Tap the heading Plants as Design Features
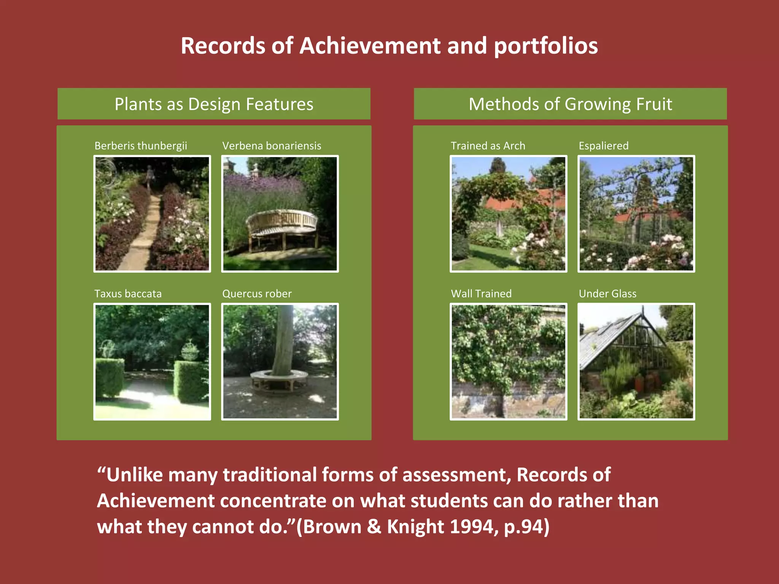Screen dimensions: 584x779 click(x=214, y=104)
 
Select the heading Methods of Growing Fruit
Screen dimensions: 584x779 click(x=570, y=104)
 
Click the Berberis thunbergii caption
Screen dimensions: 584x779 click(x=141, y=146)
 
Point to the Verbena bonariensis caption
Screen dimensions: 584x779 click(x=272, y=146)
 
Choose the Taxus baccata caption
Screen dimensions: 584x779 click(x=128, y=294)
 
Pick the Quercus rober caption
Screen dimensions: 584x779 click(x=257, y=294)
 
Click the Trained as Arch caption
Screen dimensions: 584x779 click(x=488, y=146)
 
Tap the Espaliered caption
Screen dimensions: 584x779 click(x=603, y=146)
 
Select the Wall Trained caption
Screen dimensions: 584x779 click(x=481, y=294)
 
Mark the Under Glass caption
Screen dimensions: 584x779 click(x=607, y=294)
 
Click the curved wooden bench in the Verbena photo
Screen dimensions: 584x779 click(x=281, y=224)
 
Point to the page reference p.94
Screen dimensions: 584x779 click(x=526, y=527)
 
